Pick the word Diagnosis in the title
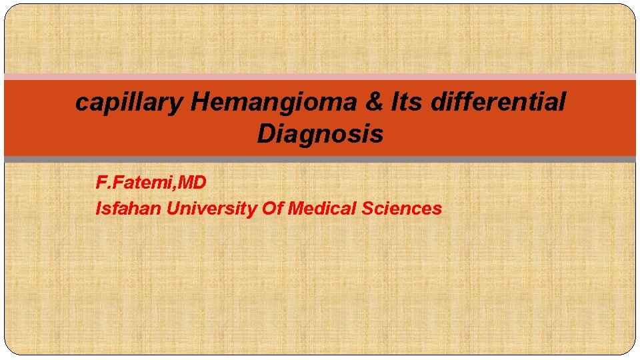click(320, 134)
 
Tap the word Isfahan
click(129, 209)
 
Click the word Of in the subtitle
click(273, 209)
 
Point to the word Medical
click(322, 209)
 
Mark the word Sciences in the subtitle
click(402, 209)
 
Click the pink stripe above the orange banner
click(320, 77)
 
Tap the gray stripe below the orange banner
click(320, 159)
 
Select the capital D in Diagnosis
click(266, 134)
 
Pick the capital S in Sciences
click(367, 209)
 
